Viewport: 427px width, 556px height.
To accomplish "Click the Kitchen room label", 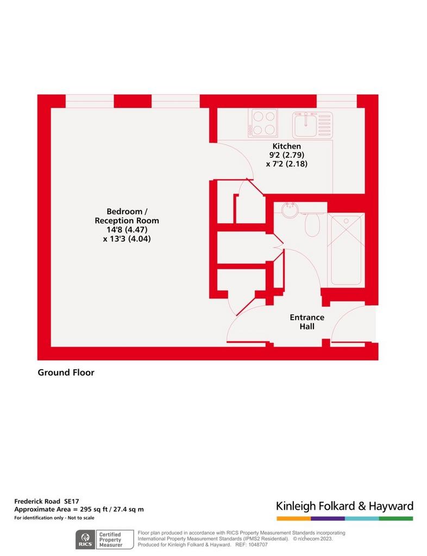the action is [286, 146].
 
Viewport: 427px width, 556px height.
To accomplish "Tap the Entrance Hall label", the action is [307, 321].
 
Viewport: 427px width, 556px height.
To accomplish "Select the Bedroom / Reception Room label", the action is [127, 216].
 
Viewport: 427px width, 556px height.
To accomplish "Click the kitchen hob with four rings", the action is [263, 123].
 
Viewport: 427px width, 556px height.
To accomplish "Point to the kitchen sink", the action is [312, 125].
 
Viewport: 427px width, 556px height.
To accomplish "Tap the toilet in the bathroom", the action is [312, 223].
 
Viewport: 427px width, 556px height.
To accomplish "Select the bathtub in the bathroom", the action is [346, 250].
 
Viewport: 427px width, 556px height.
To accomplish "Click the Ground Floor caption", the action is [66, 372].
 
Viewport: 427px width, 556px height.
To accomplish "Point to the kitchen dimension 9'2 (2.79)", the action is [286, 155].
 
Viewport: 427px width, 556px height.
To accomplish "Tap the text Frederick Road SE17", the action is [47, 501].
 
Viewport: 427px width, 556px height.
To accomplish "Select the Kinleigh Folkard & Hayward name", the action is [344, 506].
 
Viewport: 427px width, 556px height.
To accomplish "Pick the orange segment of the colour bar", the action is [294, 519].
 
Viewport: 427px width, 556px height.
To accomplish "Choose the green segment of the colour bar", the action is [396, 519].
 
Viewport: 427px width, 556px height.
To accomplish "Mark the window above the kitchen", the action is [337, 101].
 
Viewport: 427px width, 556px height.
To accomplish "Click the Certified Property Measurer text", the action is [110, 540].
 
